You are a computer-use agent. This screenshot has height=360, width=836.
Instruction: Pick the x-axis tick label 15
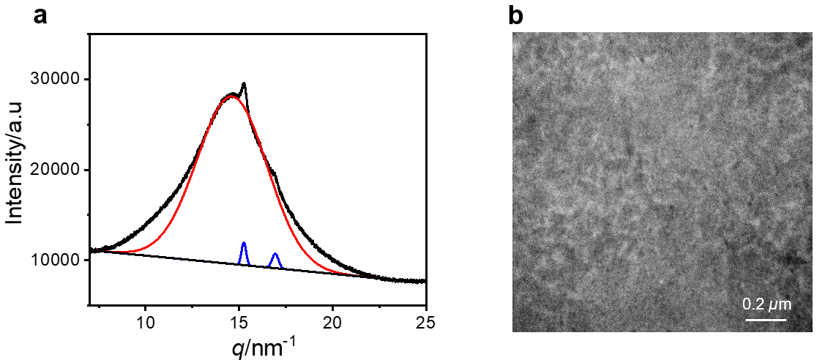239,319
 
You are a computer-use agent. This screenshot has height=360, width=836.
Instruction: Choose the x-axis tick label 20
332,319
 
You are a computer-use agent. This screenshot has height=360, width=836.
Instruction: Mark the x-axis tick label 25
425,319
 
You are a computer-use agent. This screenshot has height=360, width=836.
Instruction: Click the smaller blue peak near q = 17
275,255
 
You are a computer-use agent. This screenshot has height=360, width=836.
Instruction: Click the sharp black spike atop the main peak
244,84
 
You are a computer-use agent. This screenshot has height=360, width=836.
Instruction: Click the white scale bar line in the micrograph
766,319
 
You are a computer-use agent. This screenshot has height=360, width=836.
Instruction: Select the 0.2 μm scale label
767,303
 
